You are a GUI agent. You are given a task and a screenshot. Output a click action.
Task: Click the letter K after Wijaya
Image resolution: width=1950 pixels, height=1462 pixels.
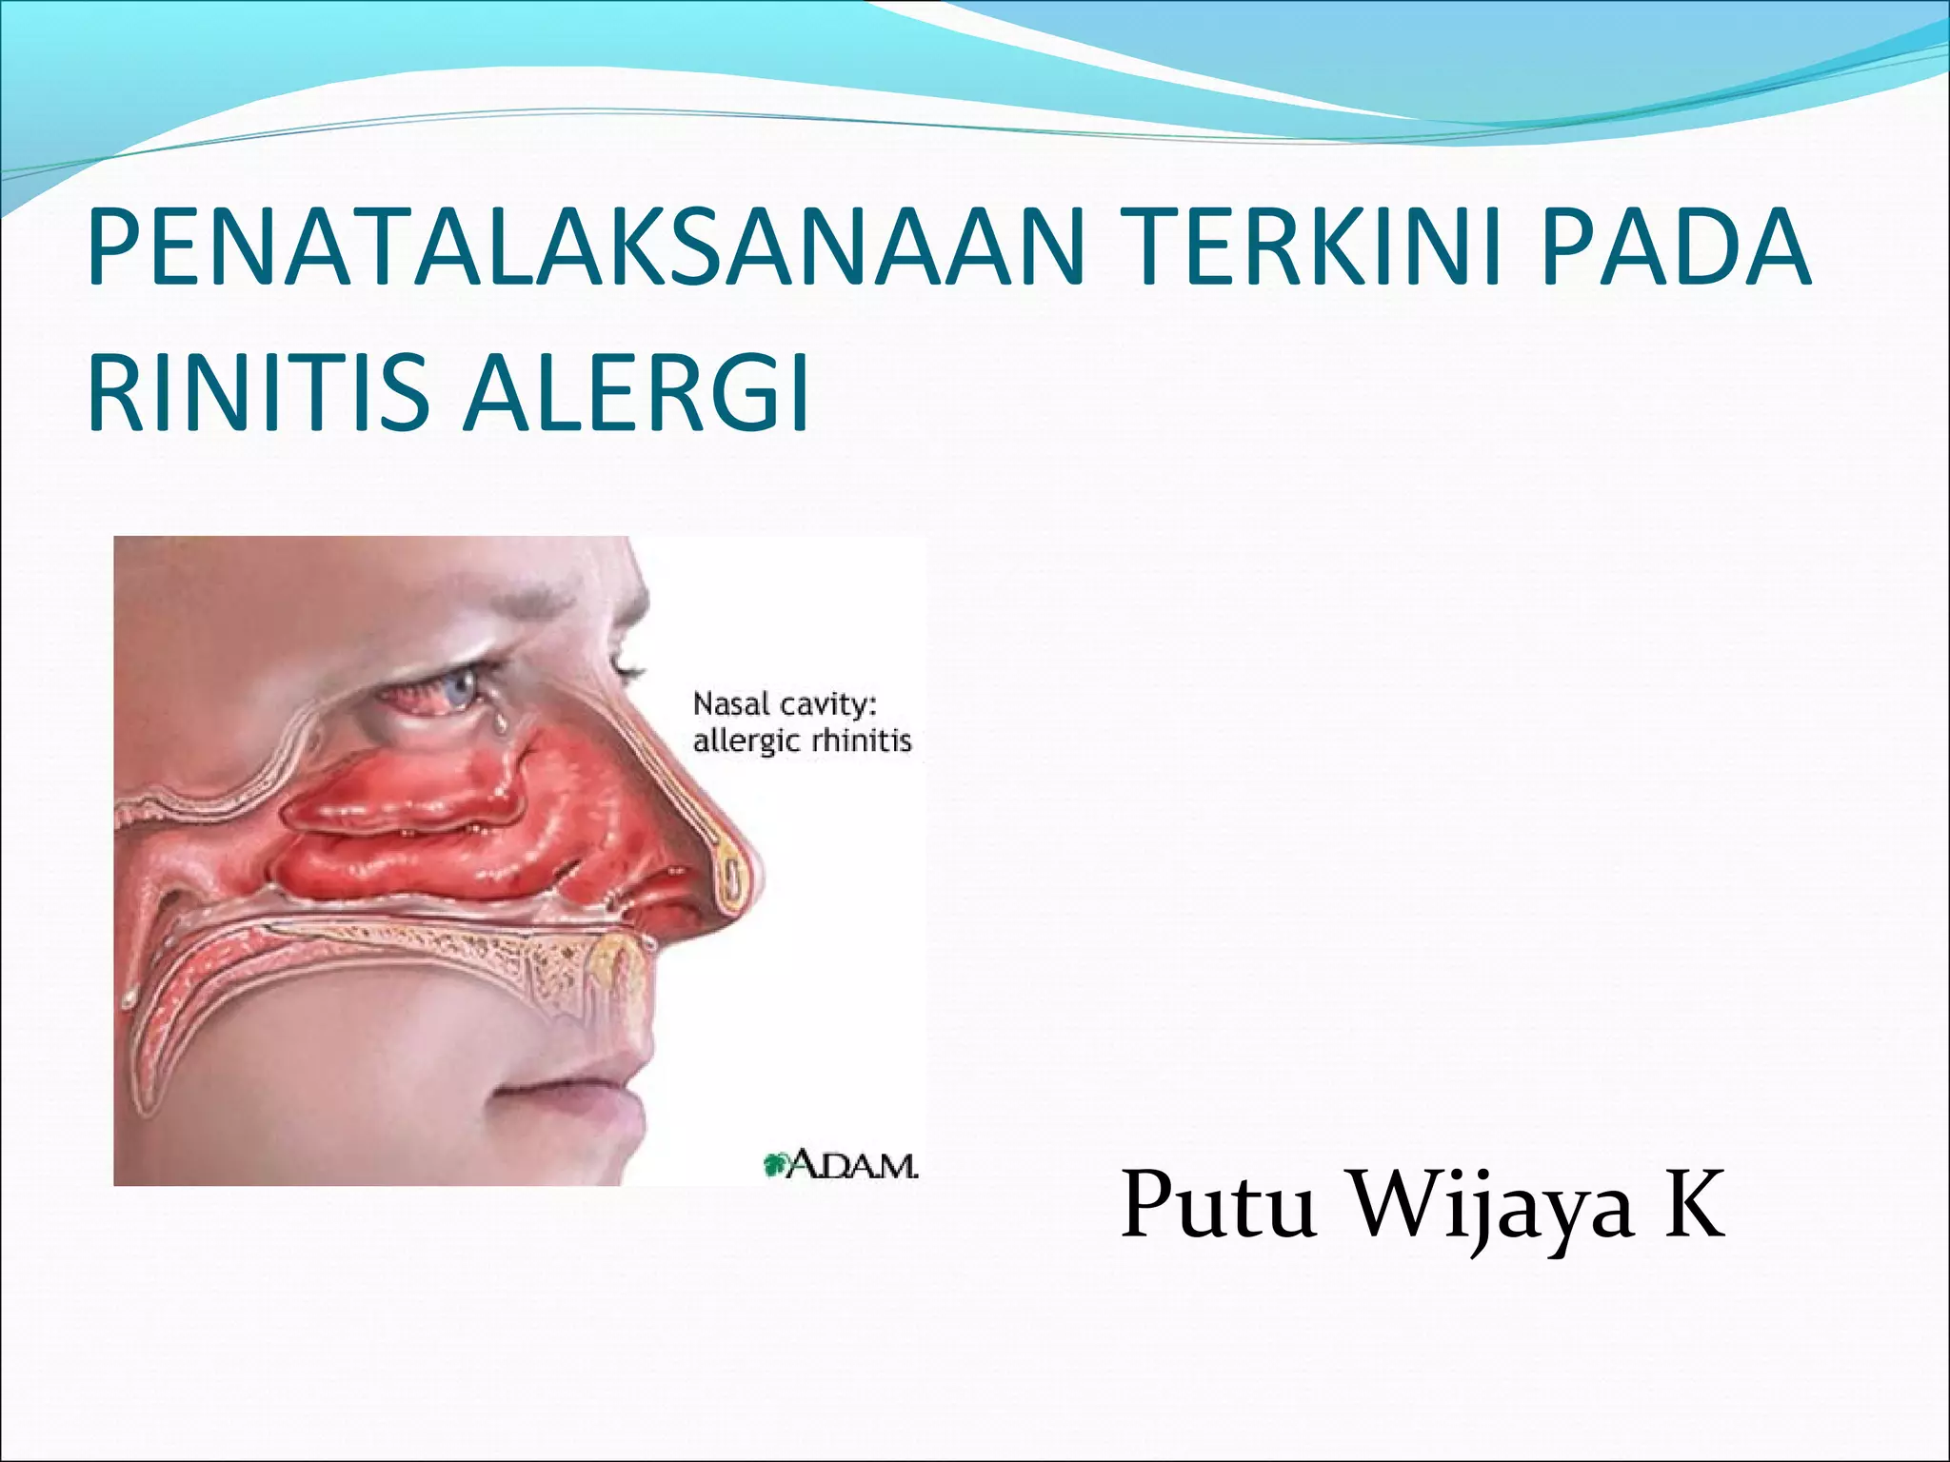tap(1695, 1203)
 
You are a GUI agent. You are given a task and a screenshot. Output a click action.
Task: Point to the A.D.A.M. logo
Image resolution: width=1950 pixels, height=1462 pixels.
tap(842, 1164)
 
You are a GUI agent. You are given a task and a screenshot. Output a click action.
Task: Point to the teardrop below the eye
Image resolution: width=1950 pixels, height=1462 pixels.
tap(498, 725)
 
